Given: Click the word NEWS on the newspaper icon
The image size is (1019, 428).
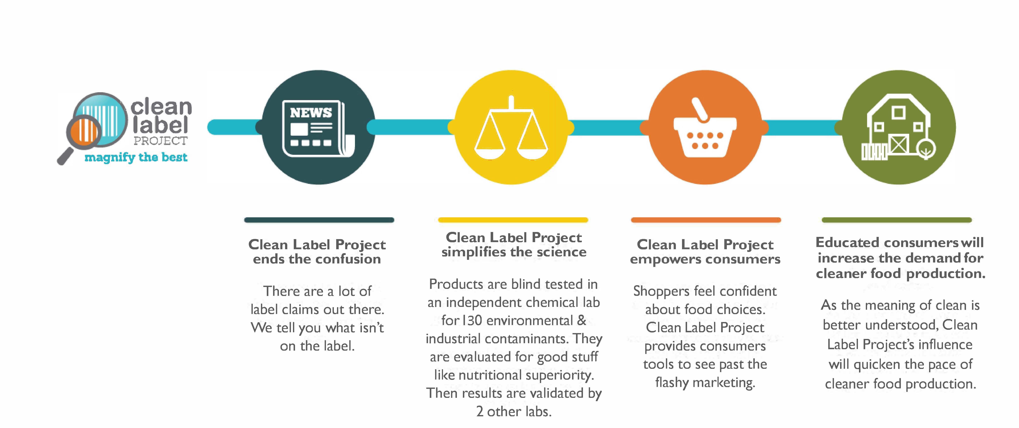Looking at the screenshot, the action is [x=311, y=113].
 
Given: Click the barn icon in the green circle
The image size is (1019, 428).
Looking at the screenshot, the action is [x=898, y=127].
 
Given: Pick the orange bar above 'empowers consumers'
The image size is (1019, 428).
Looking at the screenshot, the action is [x=706, y=220].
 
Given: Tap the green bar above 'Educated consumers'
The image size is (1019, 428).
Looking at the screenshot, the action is [x=897, y=220].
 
